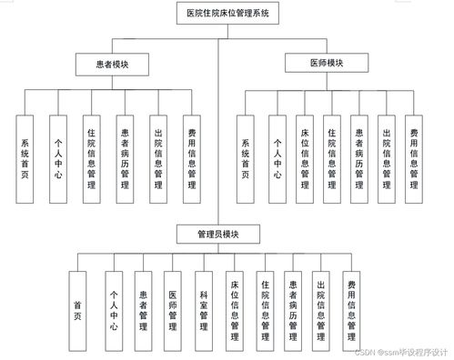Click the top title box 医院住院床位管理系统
click(227, 14)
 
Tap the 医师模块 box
click(327, 63)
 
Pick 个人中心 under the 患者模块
click(56, 156)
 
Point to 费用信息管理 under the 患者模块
click(191, 156)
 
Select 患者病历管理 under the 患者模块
click(125, 156)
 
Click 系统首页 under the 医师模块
click(246, 156)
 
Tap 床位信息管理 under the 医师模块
click(304, 156)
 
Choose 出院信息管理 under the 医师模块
click(386, 156)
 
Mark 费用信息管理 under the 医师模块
click(413, 156)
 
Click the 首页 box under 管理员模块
click(78, 309)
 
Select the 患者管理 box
click(143, 309)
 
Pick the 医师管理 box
click(173, 309)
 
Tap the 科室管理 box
click(204, 309)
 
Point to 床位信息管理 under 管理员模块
click(234, 309)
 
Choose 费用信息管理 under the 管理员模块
click(351, 309)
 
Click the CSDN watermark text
click(400, 353)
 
